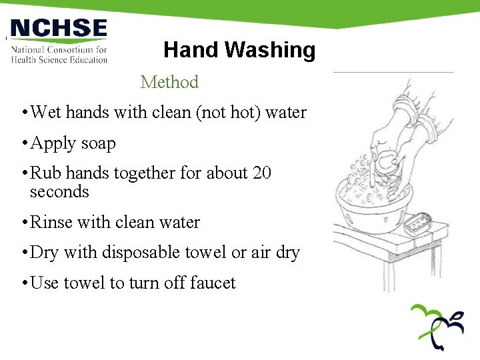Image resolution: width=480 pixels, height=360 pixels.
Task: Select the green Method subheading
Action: pyautogui.click(x=169, y=82)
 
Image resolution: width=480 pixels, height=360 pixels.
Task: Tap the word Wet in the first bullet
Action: pyautogui.click(x=45, y=112)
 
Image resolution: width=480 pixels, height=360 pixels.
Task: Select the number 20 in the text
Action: pyautogui.click(x=262, y=173)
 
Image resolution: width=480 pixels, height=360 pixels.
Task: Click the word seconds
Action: pyautogui.click(x=59, y=191)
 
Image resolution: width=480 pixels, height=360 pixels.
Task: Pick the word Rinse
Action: pyautogui.click(x=49, y=222)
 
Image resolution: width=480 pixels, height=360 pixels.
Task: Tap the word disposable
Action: pyautogui.click(x=155, y=253)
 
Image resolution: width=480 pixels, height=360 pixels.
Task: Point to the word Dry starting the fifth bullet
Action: pyautogui.click(x=44, y=253)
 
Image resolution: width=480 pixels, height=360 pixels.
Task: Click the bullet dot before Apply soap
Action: pyautogui.click(x=24, y=144)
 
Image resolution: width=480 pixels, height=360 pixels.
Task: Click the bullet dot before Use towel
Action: pyautogui.click(x=24, y=283)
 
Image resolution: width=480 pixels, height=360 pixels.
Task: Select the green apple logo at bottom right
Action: pyautogui.click(x=437, y=326)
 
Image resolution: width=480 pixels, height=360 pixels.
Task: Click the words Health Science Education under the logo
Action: pyautogui.click(x=59, y=59)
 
